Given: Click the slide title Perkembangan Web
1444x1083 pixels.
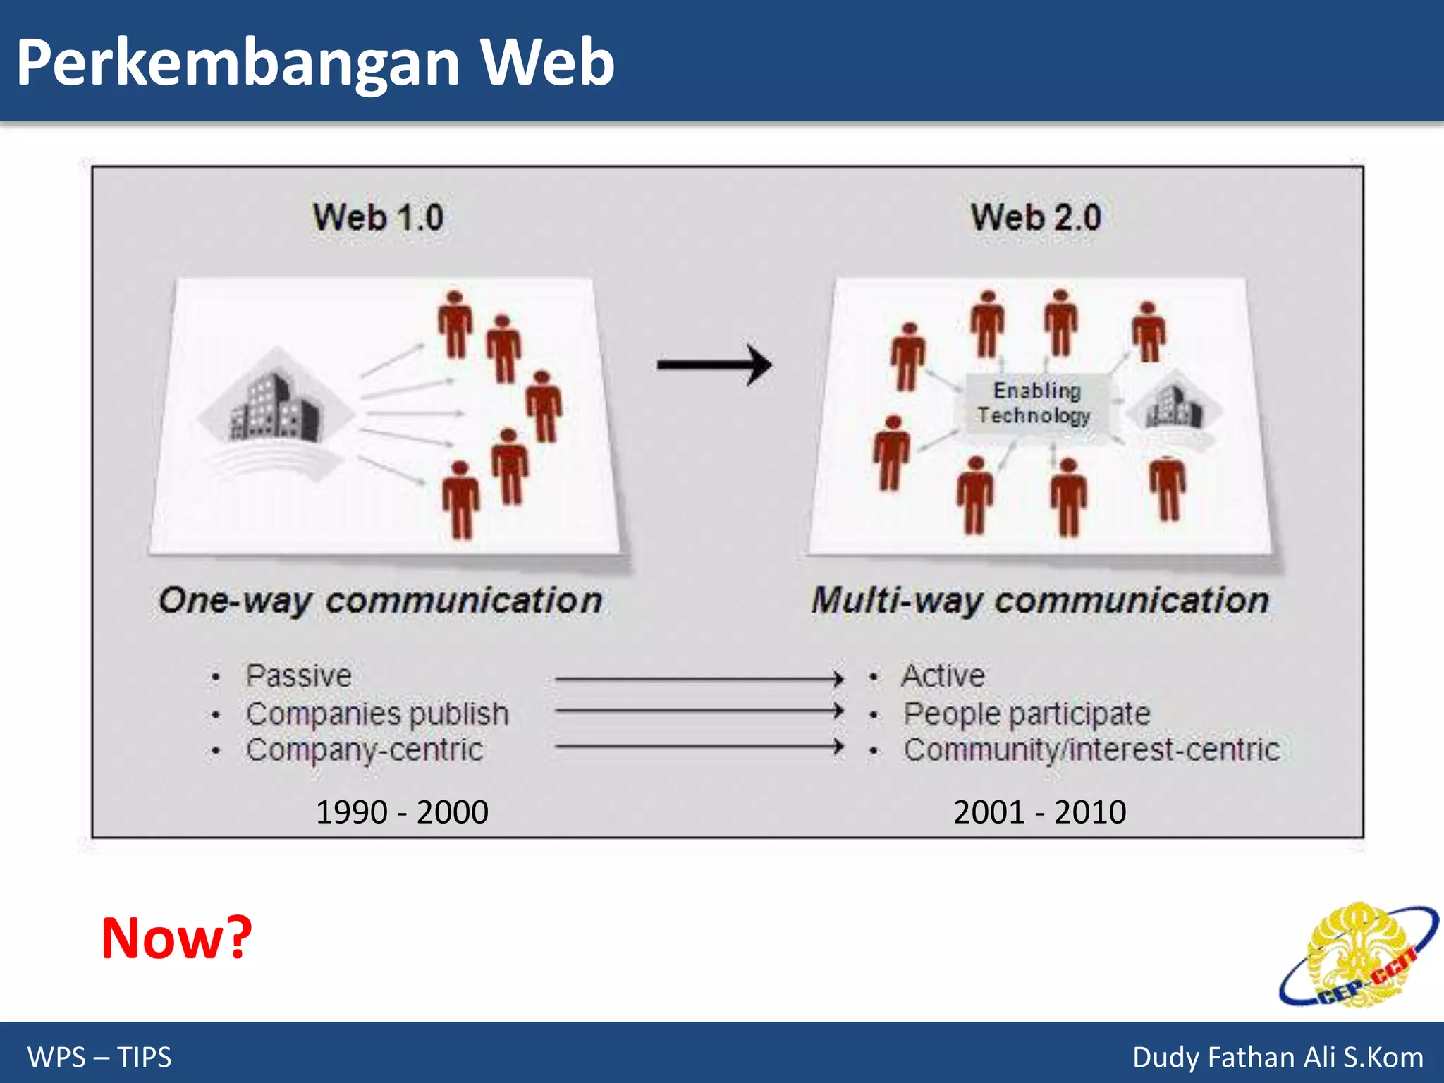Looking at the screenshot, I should coord(315,63).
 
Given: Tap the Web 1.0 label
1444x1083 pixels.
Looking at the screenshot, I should coord(379,217).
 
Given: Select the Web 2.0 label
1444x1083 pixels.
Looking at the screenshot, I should coord(1036,217).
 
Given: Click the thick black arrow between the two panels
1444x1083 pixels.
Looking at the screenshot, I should coord(714,365).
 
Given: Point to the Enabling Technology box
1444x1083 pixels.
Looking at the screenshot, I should coord(1034,403).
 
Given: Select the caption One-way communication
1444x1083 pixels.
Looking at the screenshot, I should coord(381,601).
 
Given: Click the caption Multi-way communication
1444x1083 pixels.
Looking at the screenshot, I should coord(1040,601).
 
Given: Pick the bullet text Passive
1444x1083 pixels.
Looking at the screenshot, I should coord(298,676).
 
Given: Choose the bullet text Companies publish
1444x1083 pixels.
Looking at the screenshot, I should coord(377,714).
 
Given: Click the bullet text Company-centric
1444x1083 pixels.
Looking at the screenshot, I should coord(365,750).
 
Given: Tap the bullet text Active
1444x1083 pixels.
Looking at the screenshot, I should coord(943,676).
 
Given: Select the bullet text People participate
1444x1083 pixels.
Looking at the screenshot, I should coord(1027,714).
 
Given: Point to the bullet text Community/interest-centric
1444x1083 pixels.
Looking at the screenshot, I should coord(1091,750).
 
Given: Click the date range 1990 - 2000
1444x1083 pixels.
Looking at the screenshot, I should coord(402,812).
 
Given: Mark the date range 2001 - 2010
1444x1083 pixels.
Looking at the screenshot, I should coord(1039,812).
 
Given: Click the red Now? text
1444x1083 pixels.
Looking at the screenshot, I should coord(176,938).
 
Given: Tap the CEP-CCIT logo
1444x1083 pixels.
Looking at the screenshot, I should coord(1357,955).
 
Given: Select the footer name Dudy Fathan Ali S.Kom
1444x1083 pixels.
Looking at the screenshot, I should coord(1277,1058).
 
